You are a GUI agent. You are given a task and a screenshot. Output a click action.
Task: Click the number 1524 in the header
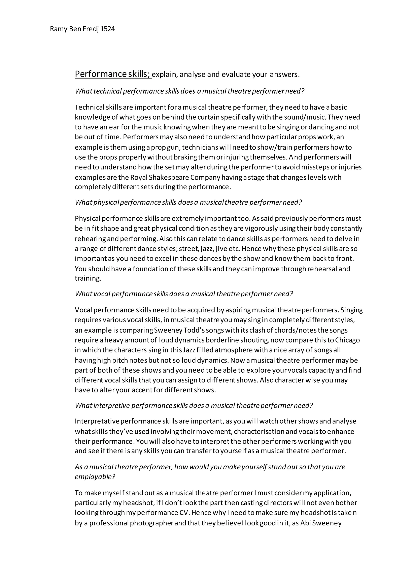(x=108, y=29)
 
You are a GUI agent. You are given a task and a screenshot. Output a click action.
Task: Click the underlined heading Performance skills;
(x=113, y=74)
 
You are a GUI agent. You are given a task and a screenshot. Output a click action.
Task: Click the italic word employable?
(x=95, y=477)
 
